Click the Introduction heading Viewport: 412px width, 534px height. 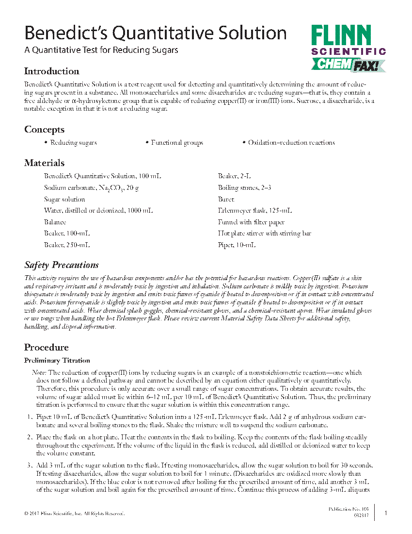click(51, 71)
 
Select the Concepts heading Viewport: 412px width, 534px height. click(44, 130)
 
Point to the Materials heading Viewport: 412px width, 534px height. click(44, 163)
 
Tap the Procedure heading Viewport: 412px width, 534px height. click(46, 348)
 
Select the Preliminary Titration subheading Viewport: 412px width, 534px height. click(57, 361)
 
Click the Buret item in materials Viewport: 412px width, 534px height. click(226, 199)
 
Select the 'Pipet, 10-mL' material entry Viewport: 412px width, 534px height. click(237, 245)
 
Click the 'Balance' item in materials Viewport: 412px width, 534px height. click(55, 222)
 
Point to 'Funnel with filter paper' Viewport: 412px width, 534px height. click(251, 222)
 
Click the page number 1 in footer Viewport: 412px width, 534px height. click(386, 513)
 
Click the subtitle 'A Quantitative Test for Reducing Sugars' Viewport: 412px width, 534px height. click(101, 50)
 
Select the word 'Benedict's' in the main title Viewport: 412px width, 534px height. click(67, 33)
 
